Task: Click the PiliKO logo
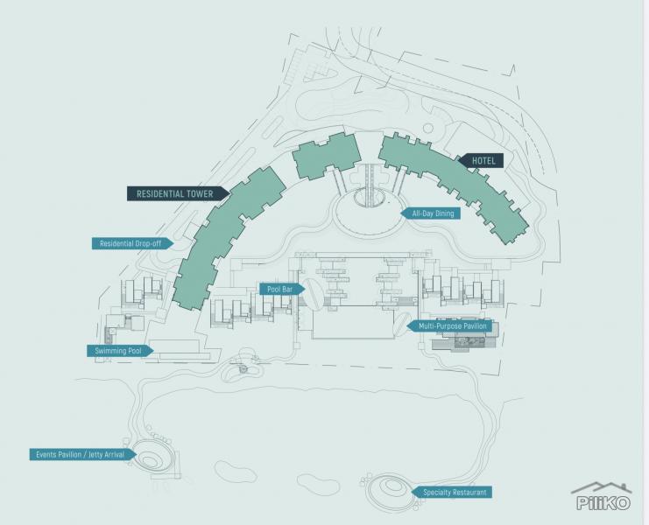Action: (603, 496)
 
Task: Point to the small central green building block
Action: (326, 157)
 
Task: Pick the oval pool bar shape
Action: (312, 293)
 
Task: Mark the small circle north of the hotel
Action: (428, 128)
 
